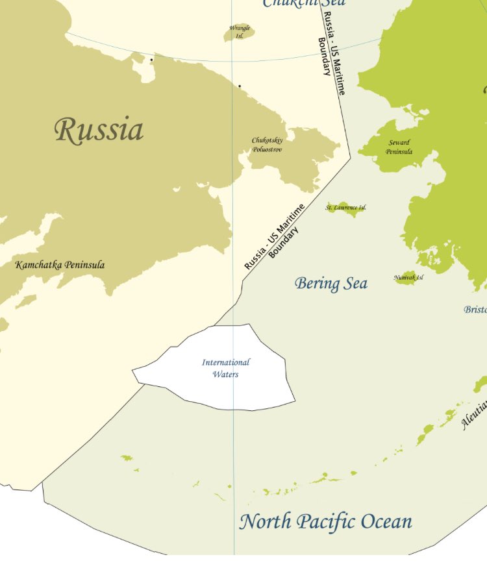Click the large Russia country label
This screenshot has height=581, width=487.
click(x=99, y=130)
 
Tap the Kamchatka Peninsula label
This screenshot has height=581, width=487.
click(x=60, y=265)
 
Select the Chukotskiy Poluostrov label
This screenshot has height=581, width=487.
click(x=268, y=145)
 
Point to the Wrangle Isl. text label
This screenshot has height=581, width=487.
click(x=240, y=32)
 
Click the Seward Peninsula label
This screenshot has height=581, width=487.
click(x=399, y=147)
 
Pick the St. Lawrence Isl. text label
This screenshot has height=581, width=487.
click(x=345, y=208)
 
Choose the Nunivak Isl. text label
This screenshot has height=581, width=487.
click(x=408, y=278)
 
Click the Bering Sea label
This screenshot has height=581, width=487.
click(x=331, y=284)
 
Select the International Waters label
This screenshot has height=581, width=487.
click(x=225, y=368)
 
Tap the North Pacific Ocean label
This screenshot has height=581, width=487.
click(x=325, y=522)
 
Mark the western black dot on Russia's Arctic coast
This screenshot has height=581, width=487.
click(x=152, y=60)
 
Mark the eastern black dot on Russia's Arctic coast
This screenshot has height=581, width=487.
click(x=239, y=86)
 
